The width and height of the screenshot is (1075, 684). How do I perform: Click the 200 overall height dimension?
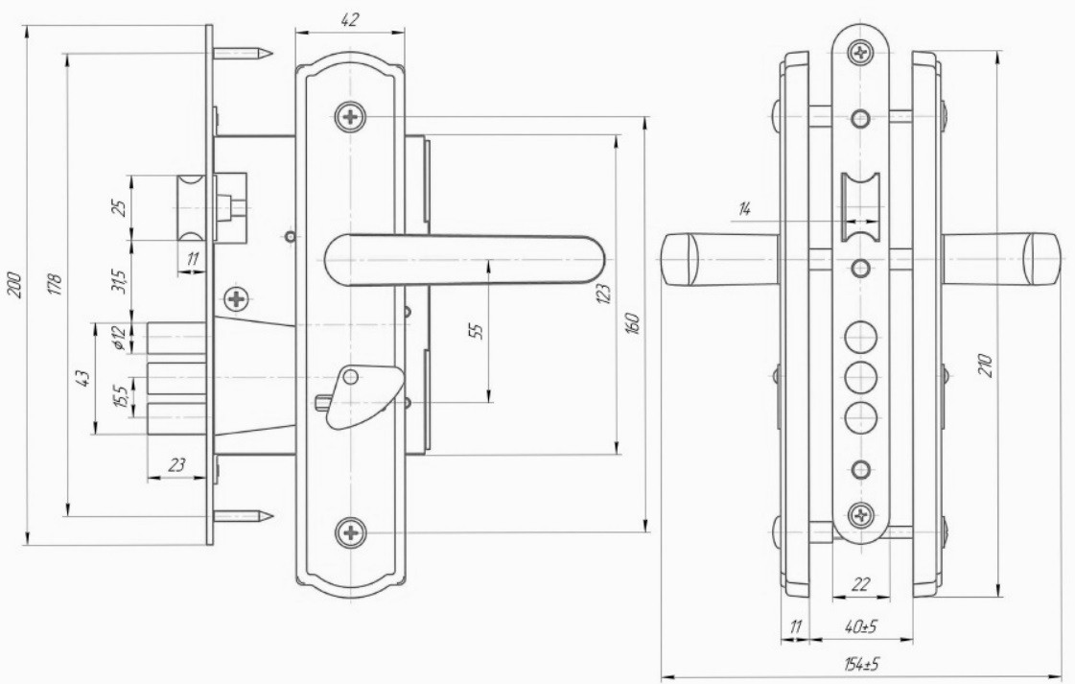pyautogui.click(x=15, y=286)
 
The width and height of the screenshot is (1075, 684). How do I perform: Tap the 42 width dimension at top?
pyautogui.click(x=349, y=20)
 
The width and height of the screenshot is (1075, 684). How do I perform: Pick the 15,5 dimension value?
pyautogui.click(x=119, y=397)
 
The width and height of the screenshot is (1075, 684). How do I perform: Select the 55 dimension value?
pyautogui.click(x=478, y=330)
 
